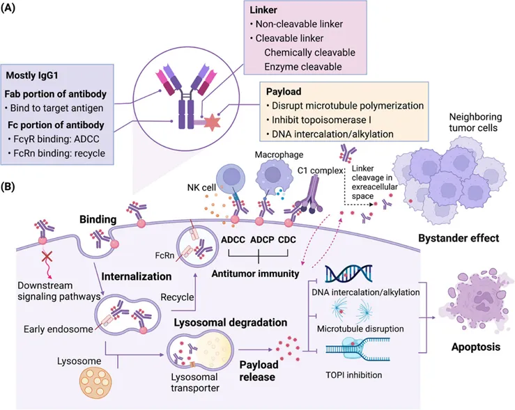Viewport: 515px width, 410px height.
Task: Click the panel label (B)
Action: pos(13,187)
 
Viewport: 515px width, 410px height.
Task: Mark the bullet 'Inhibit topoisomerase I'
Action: pos(321,119)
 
